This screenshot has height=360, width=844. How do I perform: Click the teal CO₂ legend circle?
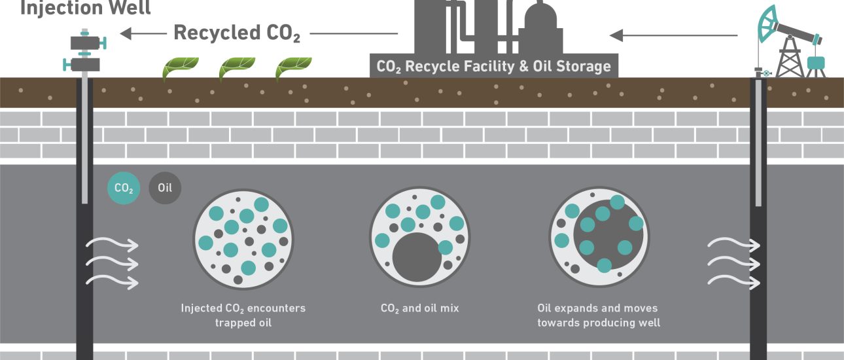click(x=124, y=189)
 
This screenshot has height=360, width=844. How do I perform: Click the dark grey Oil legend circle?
click(x=165, y=189)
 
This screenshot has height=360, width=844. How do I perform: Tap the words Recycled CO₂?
click(x=236, y=33)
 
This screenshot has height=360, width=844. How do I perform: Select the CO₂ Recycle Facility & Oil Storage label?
click(x=493, y=66)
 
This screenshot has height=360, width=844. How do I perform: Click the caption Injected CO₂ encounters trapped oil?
click(x=243, y=315)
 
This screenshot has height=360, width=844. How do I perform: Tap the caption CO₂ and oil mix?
click(x=419, y=308)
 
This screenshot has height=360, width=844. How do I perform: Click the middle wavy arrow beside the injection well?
click(x=113, y=264)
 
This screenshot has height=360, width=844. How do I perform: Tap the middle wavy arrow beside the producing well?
click(x=733, y=264)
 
